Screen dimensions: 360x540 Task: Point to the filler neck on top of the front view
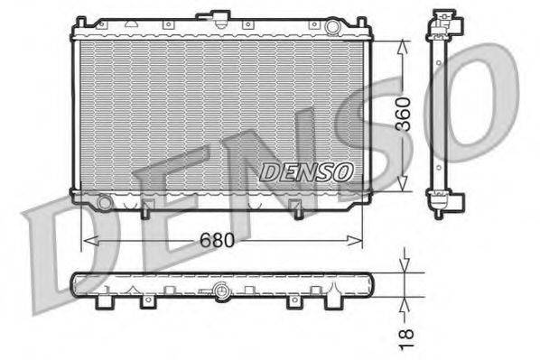tap(218, 17)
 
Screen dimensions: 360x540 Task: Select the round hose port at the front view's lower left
tap(106, 203)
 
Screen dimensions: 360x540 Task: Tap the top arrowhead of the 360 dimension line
tap(401, 42)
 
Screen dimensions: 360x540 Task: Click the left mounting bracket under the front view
tap(144, 209)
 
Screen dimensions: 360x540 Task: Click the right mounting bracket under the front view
tap(298, 209)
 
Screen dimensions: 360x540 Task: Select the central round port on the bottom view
tap(219, 291)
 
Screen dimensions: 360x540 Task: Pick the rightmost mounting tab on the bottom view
tap(331, 299)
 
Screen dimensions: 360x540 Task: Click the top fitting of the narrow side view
tap(442, 23)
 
